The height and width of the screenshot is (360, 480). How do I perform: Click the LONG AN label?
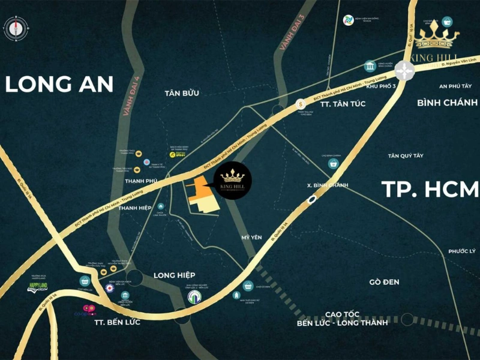click(59, 84)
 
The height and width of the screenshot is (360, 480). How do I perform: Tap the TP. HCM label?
click(430, 189)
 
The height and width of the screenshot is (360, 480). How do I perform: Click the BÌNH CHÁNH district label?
click(447, 103)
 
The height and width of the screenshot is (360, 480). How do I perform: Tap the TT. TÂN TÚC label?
click(343, 104)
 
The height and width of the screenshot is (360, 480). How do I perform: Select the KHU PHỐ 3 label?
click(383, 88)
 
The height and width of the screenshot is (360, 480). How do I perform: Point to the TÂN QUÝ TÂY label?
click(406, 155)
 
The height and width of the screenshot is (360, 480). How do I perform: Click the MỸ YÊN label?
click(252, 238)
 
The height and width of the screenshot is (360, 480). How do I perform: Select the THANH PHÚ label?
click(140, 179)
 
